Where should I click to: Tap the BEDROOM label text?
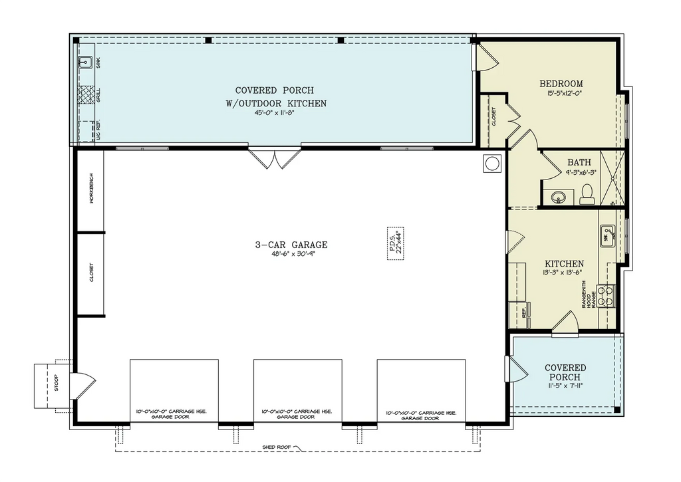(561, 84)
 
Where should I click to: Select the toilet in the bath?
(587, 193)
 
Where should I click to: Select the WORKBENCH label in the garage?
(91, 189)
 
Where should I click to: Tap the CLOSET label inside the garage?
(91, 273)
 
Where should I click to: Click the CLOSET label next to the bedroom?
(493, 117)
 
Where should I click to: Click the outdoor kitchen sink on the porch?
(85, 63)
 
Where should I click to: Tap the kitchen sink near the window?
(607, 236)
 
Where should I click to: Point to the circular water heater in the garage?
(493, 164)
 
